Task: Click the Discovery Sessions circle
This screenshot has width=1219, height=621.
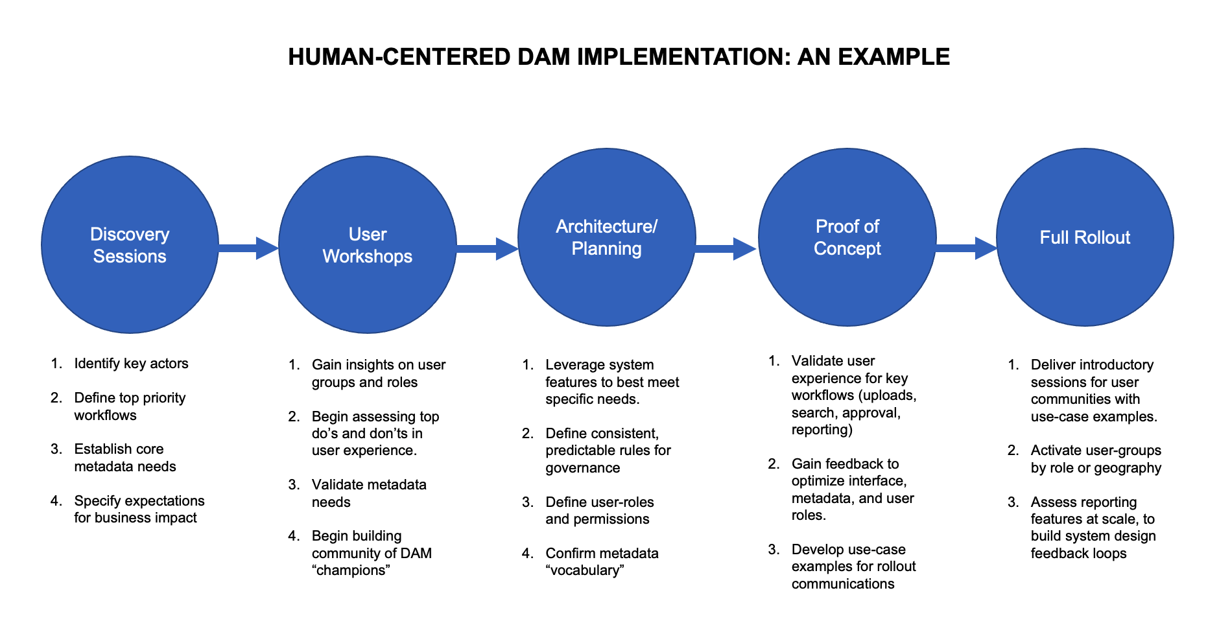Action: coord(130,245)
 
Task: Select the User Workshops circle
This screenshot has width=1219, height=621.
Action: coord(368,245)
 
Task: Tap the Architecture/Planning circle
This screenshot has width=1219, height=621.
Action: coord(606,237)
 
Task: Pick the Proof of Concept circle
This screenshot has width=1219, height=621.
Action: coord(847,237)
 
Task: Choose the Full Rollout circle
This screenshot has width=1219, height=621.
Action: coord(1085,237)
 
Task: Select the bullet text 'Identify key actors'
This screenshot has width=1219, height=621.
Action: coord(131,363)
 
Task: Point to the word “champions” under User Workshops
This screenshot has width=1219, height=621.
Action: coord(351,570)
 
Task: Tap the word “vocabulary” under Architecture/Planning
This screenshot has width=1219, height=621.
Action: coord(584,570)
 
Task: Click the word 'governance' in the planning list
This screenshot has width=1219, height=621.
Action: coord(582,467)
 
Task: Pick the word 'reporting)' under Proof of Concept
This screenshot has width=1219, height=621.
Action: coord(822,430)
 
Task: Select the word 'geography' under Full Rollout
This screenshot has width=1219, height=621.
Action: coord(1129,467)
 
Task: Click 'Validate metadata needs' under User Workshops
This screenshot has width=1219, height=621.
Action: coord(368,493)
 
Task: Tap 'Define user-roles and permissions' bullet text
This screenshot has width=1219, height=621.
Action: coord(599,510)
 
